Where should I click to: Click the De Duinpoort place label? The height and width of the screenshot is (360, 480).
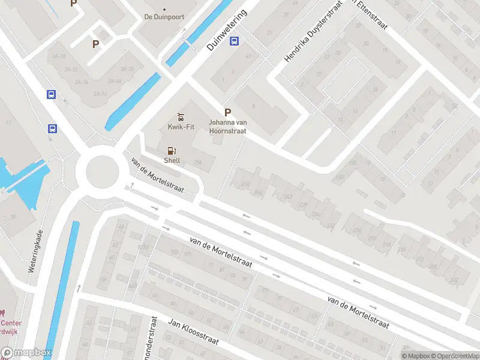tap(164, 17)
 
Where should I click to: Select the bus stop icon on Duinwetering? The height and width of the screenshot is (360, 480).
tap(235, 41)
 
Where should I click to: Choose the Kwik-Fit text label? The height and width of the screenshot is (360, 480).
tap(179, 127)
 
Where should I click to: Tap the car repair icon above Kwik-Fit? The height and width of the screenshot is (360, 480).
tap(179, 116)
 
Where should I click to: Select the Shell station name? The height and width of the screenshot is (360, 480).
tap(172, 160)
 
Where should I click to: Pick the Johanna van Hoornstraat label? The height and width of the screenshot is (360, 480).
tap(227, 127)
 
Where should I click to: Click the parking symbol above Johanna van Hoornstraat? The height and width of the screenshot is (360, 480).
tap(227, 112)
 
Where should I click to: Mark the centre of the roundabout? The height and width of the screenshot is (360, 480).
tap(103, 172)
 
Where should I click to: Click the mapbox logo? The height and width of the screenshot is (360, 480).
tap(26, 353)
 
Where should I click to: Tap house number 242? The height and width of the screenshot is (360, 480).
tap(288, 197)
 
